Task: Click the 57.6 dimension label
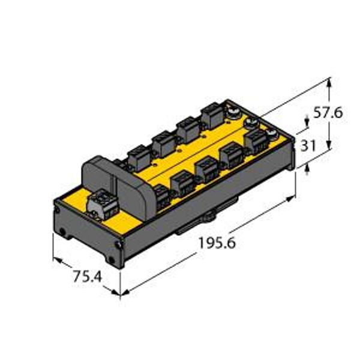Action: tap(328, 113)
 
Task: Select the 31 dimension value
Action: tap(308, 145)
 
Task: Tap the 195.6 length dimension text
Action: tap(217, 243)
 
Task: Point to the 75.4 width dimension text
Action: tap(88, 277)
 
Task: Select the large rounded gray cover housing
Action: tap(117, 187)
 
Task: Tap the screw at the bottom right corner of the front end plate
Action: tap(118, 245)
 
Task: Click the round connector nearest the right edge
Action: tap(271, 133)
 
